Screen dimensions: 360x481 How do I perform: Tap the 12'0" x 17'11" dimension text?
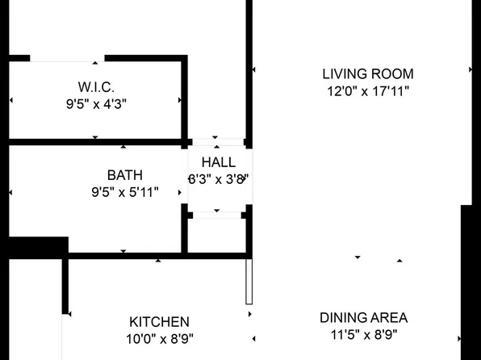point(367,91)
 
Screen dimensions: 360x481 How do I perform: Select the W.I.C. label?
point(96,86)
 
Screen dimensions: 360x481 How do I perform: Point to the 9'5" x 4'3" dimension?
point(96,103)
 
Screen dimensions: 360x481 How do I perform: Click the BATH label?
point(124,174)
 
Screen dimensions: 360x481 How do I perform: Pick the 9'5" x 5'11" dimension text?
point(124,192)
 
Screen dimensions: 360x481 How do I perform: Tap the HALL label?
point(219,162)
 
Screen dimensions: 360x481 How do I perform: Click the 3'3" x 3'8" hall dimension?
point(219,179)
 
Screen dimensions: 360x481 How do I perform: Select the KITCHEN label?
point(159,321)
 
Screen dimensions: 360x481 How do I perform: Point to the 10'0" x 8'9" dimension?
point(159,339)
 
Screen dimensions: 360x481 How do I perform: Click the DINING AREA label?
point(363,317)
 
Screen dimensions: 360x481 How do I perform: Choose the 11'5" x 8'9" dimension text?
point(363,334)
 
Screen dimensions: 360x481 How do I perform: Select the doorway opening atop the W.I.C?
point(68,59)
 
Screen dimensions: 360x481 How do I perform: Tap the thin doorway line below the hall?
point(216,215)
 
